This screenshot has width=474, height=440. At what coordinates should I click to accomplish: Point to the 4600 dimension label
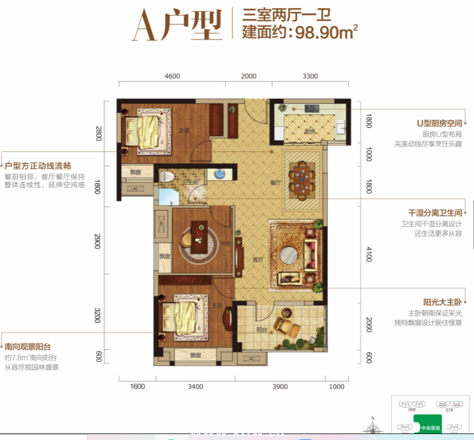click(172, 76)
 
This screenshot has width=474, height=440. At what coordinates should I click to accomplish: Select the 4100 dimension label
click(369, 253)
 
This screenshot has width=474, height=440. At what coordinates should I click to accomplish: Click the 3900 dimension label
click(280, 386)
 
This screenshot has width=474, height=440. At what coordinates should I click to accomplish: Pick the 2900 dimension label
click(98, 241)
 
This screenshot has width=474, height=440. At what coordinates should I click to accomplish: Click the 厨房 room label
click(309, 131)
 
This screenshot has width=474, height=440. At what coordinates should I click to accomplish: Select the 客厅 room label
click(258, 259)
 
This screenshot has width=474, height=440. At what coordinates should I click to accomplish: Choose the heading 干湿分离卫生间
click(435, 213)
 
